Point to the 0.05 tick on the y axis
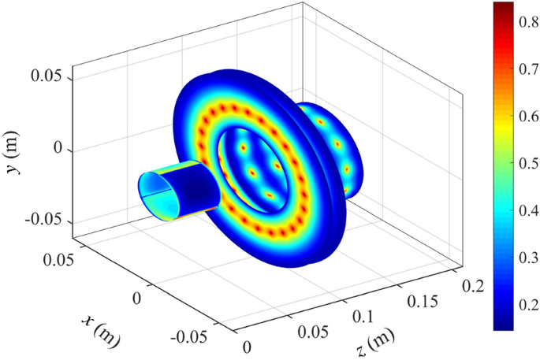click(50, 79)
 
